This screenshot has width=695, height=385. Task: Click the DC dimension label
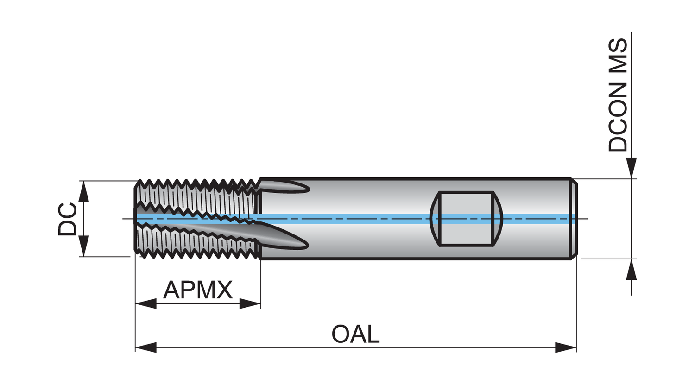point(68,219)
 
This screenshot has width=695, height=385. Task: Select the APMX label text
point(198,290)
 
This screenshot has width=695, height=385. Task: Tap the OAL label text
point(355,334)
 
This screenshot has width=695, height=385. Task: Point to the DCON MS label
point(618,95)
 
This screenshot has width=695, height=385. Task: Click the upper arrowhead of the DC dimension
point(83,191)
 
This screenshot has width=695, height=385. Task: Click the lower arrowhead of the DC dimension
point(83,246)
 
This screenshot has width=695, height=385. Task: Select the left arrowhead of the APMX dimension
point(145,304)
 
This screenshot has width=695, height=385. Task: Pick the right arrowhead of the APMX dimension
point(250,304)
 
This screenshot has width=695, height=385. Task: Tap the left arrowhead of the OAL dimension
point(145,347)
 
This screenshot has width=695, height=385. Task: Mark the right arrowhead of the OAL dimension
point(566,347)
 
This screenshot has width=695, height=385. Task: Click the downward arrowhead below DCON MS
point(631,168)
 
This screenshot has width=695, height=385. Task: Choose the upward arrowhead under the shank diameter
point(631,270)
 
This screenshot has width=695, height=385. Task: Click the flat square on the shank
point(466,219)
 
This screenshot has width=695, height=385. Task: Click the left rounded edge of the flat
point(435,219)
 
